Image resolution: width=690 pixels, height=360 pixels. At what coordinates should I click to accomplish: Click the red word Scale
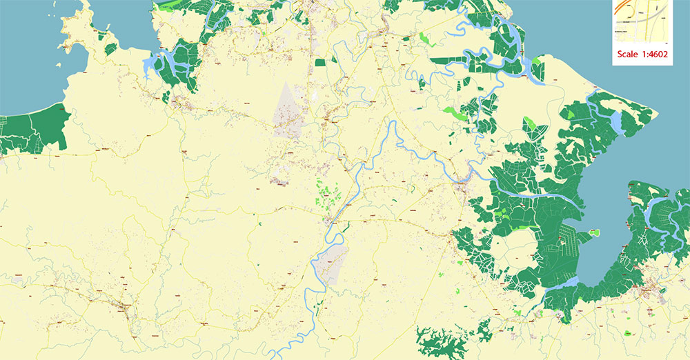[x=628, y=56]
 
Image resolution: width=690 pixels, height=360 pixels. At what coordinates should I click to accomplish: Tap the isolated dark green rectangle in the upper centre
[x=320, y=62]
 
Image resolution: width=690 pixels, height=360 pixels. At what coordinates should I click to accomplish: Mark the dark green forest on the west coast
[x=34, y=128]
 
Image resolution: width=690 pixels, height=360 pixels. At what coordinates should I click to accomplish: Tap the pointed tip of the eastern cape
[x=595, y=88]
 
